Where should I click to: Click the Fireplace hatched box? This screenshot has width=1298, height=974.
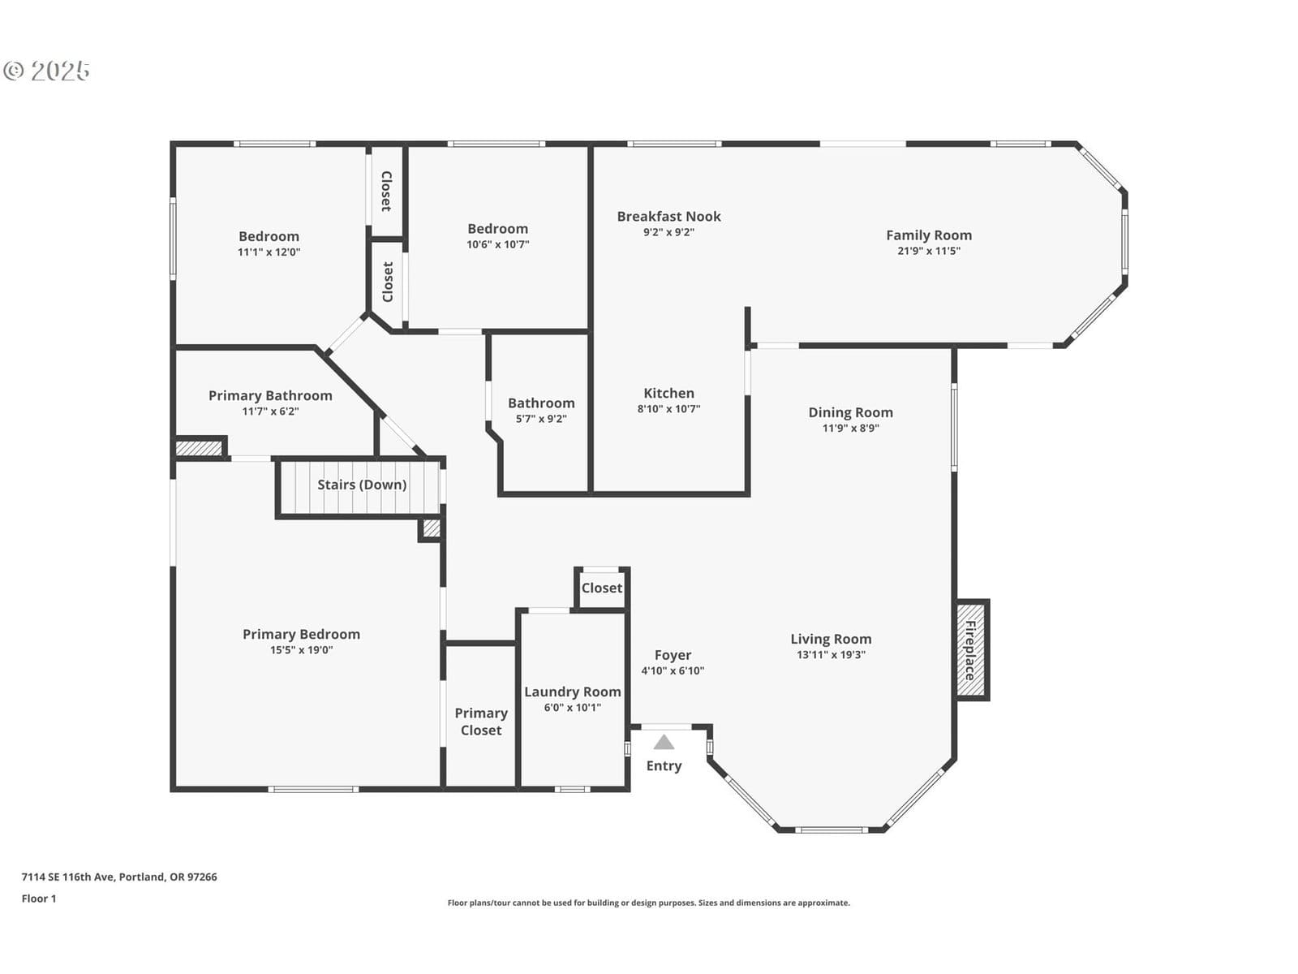click(970, 650)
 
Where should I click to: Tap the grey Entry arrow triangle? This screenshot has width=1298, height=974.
click(664, 742)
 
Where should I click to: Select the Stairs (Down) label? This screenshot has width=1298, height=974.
click(362, 485)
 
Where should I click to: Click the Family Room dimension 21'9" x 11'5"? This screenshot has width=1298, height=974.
click(928, 251)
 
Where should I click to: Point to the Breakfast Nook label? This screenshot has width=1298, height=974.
click(668, 217)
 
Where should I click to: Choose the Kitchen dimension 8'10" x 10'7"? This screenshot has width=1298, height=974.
click(668, 408)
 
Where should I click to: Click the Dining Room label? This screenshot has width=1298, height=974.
click(850, 413)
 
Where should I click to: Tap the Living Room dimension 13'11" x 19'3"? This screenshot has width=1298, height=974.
click(831, 655)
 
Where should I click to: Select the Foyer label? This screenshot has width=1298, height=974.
click(673, 655)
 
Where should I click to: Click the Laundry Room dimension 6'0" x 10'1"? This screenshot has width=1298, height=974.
click(573, 707)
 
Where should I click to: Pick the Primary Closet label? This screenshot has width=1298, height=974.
click(481, 722)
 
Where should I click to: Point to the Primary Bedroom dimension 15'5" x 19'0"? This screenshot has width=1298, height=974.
click(302, 650)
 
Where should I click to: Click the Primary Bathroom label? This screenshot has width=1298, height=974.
click(270, 395)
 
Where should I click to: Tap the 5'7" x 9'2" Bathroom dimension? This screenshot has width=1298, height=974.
click(541, 419)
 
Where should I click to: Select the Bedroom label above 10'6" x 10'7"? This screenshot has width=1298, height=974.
click(497, 229)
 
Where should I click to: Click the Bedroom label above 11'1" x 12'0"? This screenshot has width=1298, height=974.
click(269, 236)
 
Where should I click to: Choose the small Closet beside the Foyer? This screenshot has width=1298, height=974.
click(601, 588)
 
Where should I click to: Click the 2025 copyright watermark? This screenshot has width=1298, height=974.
click(46, 71)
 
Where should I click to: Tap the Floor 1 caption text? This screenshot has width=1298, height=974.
click(39, 899)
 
